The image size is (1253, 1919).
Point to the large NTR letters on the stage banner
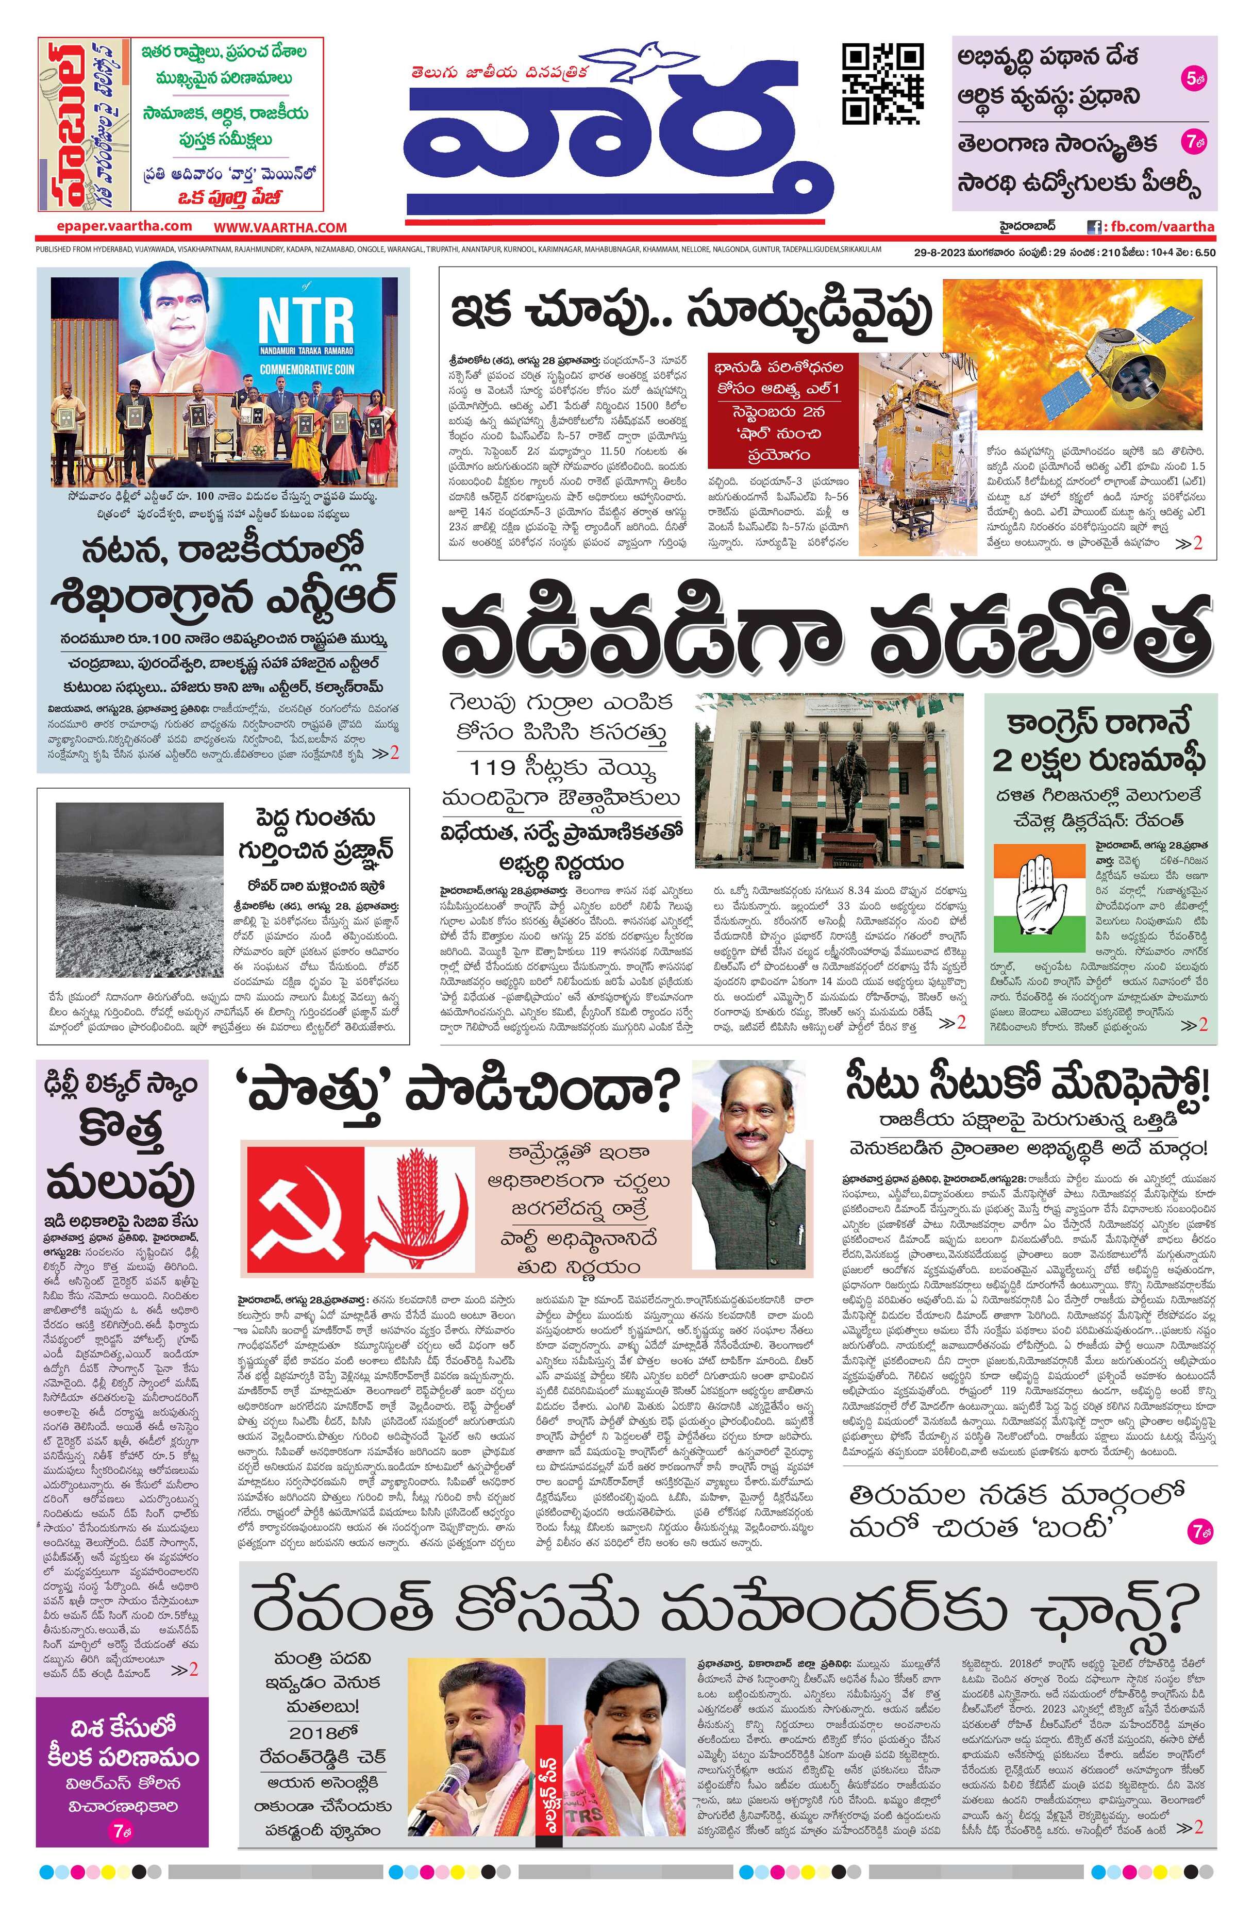click(306, 319)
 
